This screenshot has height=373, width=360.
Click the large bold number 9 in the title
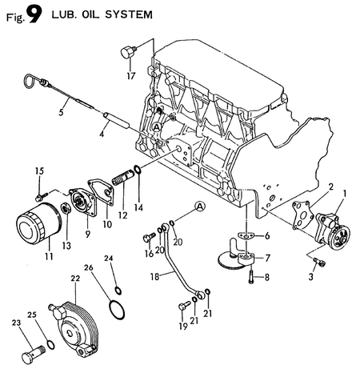click(x=33, y=16)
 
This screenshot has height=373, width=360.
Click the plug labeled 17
click(x=126, y=54)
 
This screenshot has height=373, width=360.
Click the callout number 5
click(x=61, y=112)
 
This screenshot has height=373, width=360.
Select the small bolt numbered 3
click(x=321, y=263)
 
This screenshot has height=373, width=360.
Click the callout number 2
click(x=326, y=186)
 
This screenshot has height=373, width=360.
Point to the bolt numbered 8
click(x=252, y=277)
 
